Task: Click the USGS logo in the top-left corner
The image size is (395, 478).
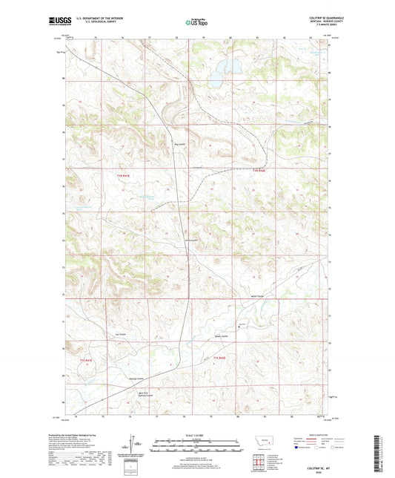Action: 59,23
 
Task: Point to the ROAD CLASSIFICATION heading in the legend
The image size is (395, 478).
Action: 316,433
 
